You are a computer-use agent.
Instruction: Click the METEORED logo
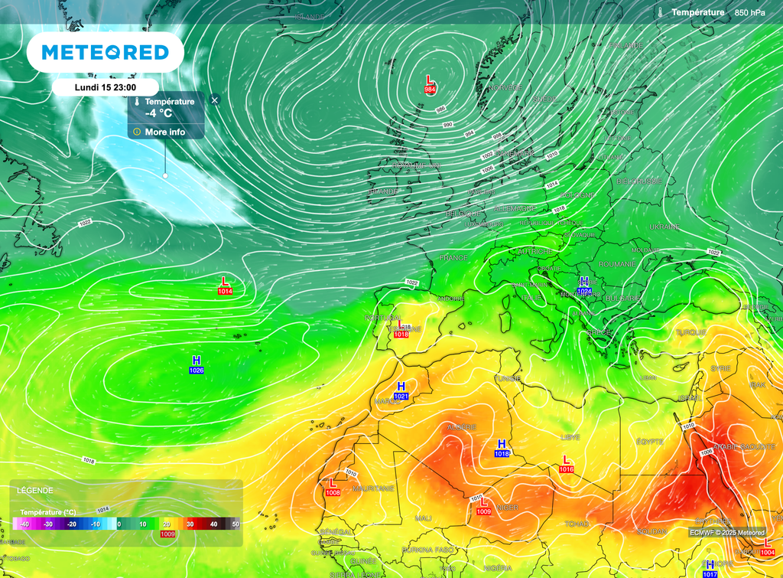pos(105,52)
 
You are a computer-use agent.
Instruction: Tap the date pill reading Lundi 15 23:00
pos(106,87)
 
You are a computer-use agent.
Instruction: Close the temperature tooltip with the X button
pos(215,100)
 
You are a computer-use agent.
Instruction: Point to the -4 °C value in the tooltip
pos(159,113)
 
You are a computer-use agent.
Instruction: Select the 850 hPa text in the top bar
pos(749,12)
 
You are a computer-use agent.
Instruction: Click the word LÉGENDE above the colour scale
pos(35,490)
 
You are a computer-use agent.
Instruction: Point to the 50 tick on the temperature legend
pos(236,524)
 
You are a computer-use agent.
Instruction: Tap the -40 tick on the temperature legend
pos(25,524)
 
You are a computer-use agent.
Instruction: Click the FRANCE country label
pos(453,258)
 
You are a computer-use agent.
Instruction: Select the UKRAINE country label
pos(664,227)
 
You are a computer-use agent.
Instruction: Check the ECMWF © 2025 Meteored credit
pos(727,532)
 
